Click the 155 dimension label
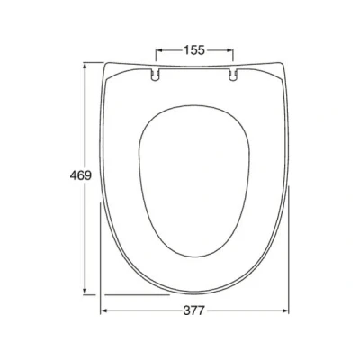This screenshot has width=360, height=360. click(x=194, y=50)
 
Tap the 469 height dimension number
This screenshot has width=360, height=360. click(x=81, y=175)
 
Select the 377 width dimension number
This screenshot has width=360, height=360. click(x=193, y=310)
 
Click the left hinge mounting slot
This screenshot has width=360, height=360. click(x=155, y=75)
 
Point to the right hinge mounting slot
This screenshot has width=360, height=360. click(x=233, y=75)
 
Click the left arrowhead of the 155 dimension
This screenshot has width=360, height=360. click(x=159, y=50)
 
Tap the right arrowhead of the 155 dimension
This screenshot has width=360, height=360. click(x=229, y=50)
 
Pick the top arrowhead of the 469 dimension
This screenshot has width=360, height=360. click(x=85, y=66)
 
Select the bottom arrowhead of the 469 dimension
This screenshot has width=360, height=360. click(x=85, y=291)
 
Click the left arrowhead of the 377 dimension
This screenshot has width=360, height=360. click(x=104, y=311)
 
